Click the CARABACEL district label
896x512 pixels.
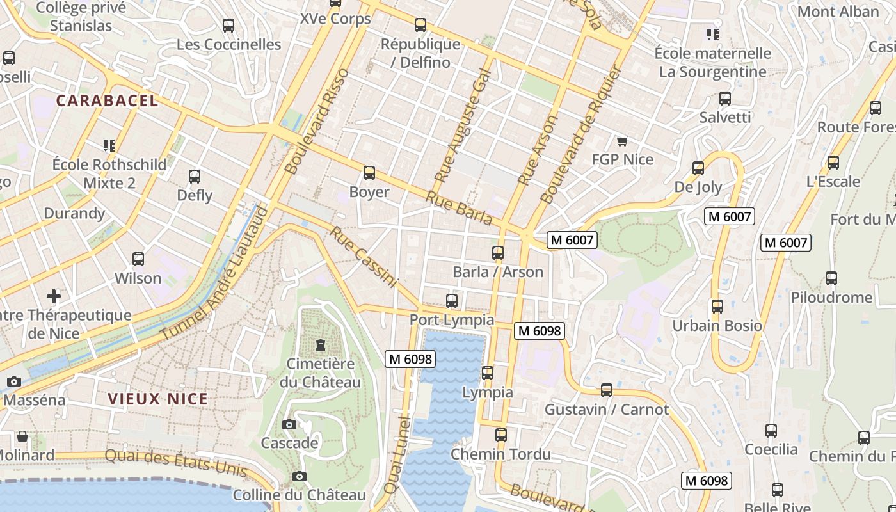point(107,100)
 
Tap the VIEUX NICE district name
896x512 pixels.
point(157,399)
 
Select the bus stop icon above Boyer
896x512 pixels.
point(369,172)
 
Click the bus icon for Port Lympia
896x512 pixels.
point(452,300)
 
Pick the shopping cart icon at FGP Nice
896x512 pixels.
point(621,141)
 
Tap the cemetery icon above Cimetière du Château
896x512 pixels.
point(320,345)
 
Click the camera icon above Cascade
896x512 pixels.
point(289,424)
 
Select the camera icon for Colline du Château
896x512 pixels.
point(299,476)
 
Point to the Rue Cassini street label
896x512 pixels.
point(363,256)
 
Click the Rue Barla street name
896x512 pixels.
point(459,208)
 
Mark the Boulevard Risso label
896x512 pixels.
point(317,122)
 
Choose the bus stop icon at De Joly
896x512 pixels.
point(698,168)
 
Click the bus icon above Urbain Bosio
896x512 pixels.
point(717,307)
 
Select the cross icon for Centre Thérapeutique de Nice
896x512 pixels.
point(54,296)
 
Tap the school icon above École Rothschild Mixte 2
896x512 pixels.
point(109,146)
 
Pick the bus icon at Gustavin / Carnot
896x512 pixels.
point(607,390)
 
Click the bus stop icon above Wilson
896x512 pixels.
point(138,259)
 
